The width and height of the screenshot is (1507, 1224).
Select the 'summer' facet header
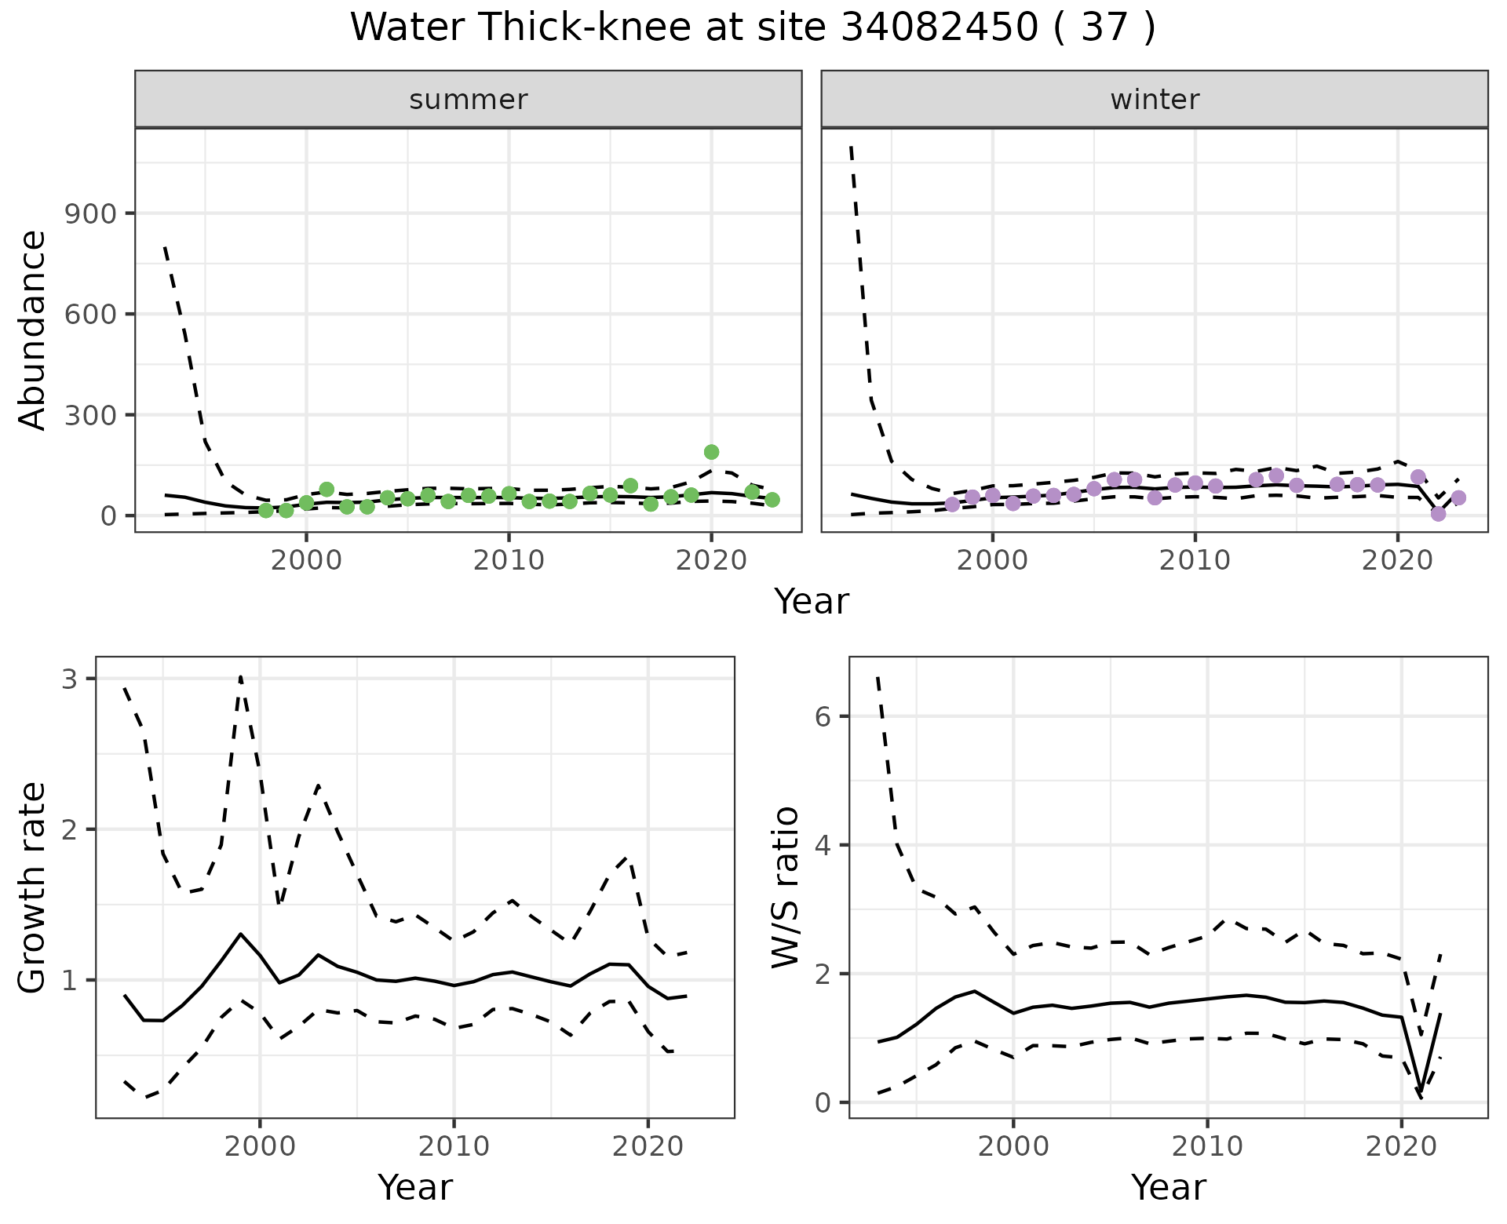[469, 100]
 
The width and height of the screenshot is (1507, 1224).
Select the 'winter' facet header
[1155, 100]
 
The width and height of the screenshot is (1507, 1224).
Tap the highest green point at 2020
[711, 452]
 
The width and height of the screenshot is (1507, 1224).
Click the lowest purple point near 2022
[1438, 514]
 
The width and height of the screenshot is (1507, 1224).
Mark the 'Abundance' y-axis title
[33, 330]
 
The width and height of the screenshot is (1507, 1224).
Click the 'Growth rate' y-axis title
[33, 888]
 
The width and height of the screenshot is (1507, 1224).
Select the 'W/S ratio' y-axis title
[786, 888]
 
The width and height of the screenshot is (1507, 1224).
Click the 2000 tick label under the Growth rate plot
[260, 1147]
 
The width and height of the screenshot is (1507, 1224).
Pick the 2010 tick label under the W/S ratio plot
[1206, 1147]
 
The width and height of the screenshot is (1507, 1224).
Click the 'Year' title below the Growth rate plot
[415, 1188]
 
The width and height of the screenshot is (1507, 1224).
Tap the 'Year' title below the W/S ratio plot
[1168, 1188]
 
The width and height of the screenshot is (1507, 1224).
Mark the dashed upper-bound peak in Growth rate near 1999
[240, 676]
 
